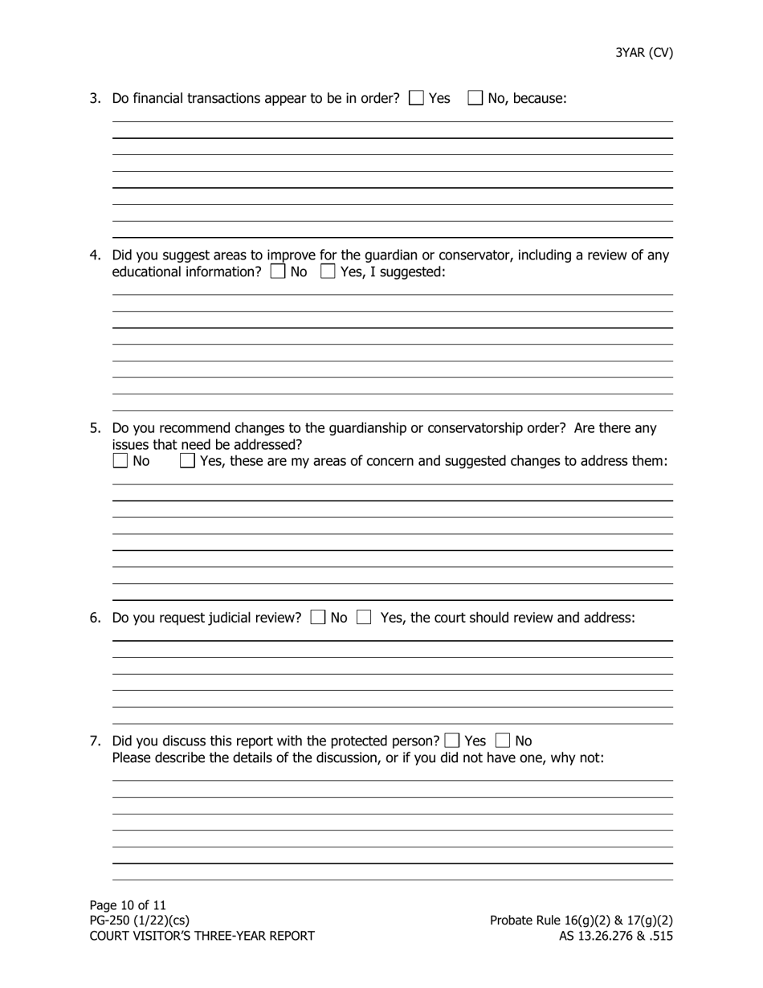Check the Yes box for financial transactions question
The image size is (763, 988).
(x=417, y=98)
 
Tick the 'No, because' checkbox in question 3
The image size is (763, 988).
(x=475, y=98)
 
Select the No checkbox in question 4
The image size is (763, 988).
(x=278, y=271)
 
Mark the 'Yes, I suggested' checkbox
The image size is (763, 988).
(x=328, y=271)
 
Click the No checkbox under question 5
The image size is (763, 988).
(x=120, y=461)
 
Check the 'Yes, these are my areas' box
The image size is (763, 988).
(x=187, y=461)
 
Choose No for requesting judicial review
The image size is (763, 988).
(x=318, y=618)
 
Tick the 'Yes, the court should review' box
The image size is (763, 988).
(x=364, y=618)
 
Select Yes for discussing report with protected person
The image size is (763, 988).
(x=452, y=741)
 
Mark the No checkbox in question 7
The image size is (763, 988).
(x=503, y=741)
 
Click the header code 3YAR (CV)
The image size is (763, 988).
(x=644, y=53)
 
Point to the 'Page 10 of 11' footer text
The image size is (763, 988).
(x=128, y=905)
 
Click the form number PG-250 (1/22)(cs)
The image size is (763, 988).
(x=140, y=921)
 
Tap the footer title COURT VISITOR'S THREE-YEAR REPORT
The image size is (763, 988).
(x=202, y=936)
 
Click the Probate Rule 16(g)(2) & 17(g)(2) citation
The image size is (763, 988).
(x=581, y=921)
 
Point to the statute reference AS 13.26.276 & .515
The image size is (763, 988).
(x=616, y=936)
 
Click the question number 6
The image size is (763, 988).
(x=95, y=618)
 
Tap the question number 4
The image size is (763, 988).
(x=95, y=255)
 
